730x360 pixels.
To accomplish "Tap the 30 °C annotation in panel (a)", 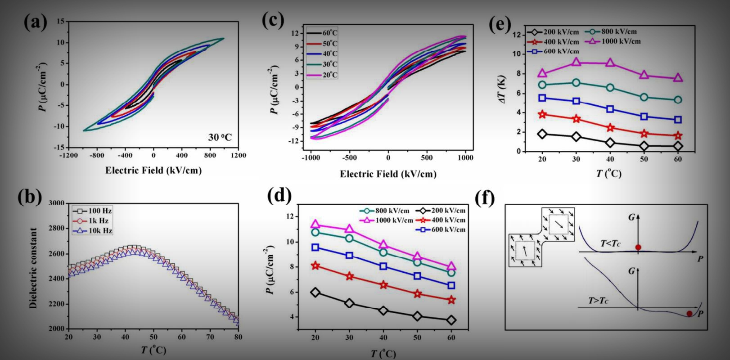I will pos(220,137).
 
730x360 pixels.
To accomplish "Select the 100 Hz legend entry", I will pos(93,211).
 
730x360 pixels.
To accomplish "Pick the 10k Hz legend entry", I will pos(93,231).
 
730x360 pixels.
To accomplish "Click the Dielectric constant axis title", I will pos(33,268).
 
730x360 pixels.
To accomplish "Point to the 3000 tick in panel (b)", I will pos(56,203).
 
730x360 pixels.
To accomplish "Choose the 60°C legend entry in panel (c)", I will pos(322,33).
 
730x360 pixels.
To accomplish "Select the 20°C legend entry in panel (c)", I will pos(322,75).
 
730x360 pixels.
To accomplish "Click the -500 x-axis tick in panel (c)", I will pos(349,158).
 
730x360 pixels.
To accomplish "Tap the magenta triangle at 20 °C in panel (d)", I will pos(315,225).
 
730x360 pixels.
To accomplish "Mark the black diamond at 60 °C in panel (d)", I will pos(451,320).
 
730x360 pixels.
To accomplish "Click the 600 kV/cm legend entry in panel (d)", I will pos(442,229).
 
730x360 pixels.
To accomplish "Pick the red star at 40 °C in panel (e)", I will pos(610,128).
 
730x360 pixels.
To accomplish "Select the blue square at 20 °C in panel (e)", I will pos(542,98).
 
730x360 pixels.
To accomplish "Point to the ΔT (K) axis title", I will pos(503,90).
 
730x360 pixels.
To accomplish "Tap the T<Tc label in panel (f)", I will pos(611,243).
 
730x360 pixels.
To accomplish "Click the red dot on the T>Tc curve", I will pos(689,314).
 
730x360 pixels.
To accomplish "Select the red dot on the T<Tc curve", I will pos(638,247).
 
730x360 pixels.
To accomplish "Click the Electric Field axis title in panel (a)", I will pos(153,170).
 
